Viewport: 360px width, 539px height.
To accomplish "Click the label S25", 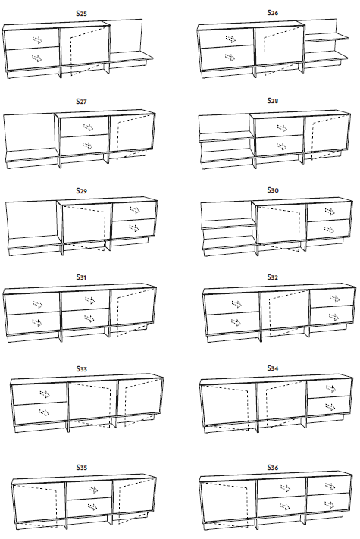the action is click(81, 14).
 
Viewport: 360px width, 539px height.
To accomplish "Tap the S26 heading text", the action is click(273, 13).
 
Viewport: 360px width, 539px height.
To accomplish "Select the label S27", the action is click(81, 101).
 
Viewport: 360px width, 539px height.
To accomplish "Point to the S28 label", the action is click(273, 100).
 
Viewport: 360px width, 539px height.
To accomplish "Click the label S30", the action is click(273, 190).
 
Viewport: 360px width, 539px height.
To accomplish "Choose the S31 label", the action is click(81, 277).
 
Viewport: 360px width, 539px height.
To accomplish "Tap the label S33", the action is click(81, 369).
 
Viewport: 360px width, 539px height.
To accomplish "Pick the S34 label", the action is click(273, 368).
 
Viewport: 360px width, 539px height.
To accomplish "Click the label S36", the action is click(273, 467).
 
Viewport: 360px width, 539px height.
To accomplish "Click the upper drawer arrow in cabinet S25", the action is click(38, 40).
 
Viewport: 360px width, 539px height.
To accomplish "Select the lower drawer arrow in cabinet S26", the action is click(230, 57).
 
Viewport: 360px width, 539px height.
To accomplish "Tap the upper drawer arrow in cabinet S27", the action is click(88, 127).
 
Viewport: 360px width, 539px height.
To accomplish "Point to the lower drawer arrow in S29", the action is click(134, 228).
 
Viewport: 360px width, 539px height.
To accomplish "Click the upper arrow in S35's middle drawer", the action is click(92, 489).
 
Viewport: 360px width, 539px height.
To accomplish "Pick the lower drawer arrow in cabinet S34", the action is click(330, 407).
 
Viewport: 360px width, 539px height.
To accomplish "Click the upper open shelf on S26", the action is click(327, 37).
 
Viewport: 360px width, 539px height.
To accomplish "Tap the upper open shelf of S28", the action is click(227, 137).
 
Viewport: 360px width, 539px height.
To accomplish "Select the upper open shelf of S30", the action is click(228, 224).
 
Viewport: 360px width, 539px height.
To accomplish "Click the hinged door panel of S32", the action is click(285, 312).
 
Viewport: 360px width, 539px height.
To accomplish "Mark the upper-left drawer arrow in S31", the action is click(37, 304).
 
